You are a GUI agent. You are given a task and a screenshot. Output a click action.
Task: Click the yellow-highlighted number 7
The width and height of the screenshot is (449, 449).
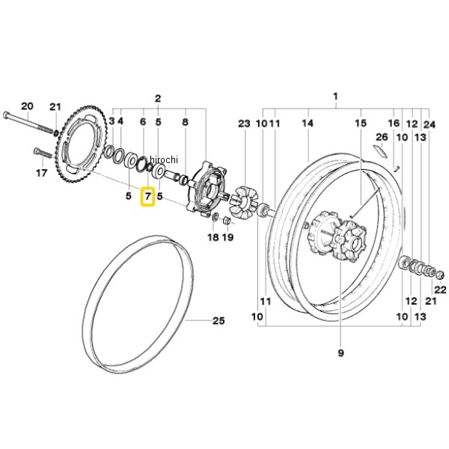point(147,198)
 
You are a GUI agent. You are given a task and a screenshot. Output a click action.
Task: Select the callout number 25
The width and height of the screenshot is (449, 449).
point(219,322)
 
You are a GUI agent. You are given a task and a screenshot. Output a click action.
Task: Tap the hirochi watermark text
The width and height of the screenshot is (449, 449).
point(164,159)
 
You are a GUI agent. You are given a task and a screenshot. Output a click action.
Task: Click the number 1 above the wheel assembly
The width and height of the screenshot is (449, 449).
point(335,97)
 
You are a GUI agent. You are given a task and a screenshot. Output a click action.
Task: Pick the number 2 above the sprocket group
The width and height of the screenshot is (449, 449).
point(158,98)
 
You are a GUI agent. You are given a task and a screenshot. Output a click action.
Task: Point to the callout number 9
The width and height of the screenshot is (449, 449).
point(340,352)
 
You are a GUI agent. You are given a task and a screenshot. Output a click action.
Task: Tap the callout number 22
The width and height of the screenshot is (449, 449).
point(439,289)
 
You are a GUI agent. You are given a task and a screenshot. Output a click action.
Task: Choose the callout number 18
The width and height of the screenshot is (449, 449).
point(213,237)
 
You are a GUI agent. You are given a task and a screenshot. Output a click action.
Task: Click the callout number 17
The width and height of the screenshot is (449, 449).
point(42,172)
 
